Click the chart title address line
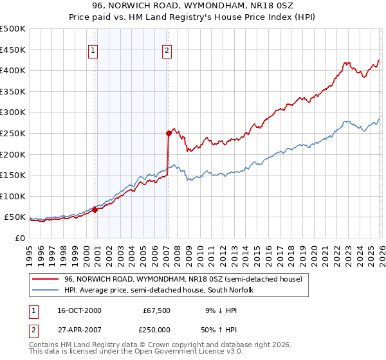[193, 7]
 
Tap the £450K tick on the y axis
[13, 50]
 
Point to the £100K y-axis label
[13, 196]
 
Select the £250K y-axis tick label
[13, 133]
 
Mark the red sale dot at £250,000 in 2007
[169, 133]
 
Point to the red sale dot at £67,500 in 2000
[95, 209]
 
